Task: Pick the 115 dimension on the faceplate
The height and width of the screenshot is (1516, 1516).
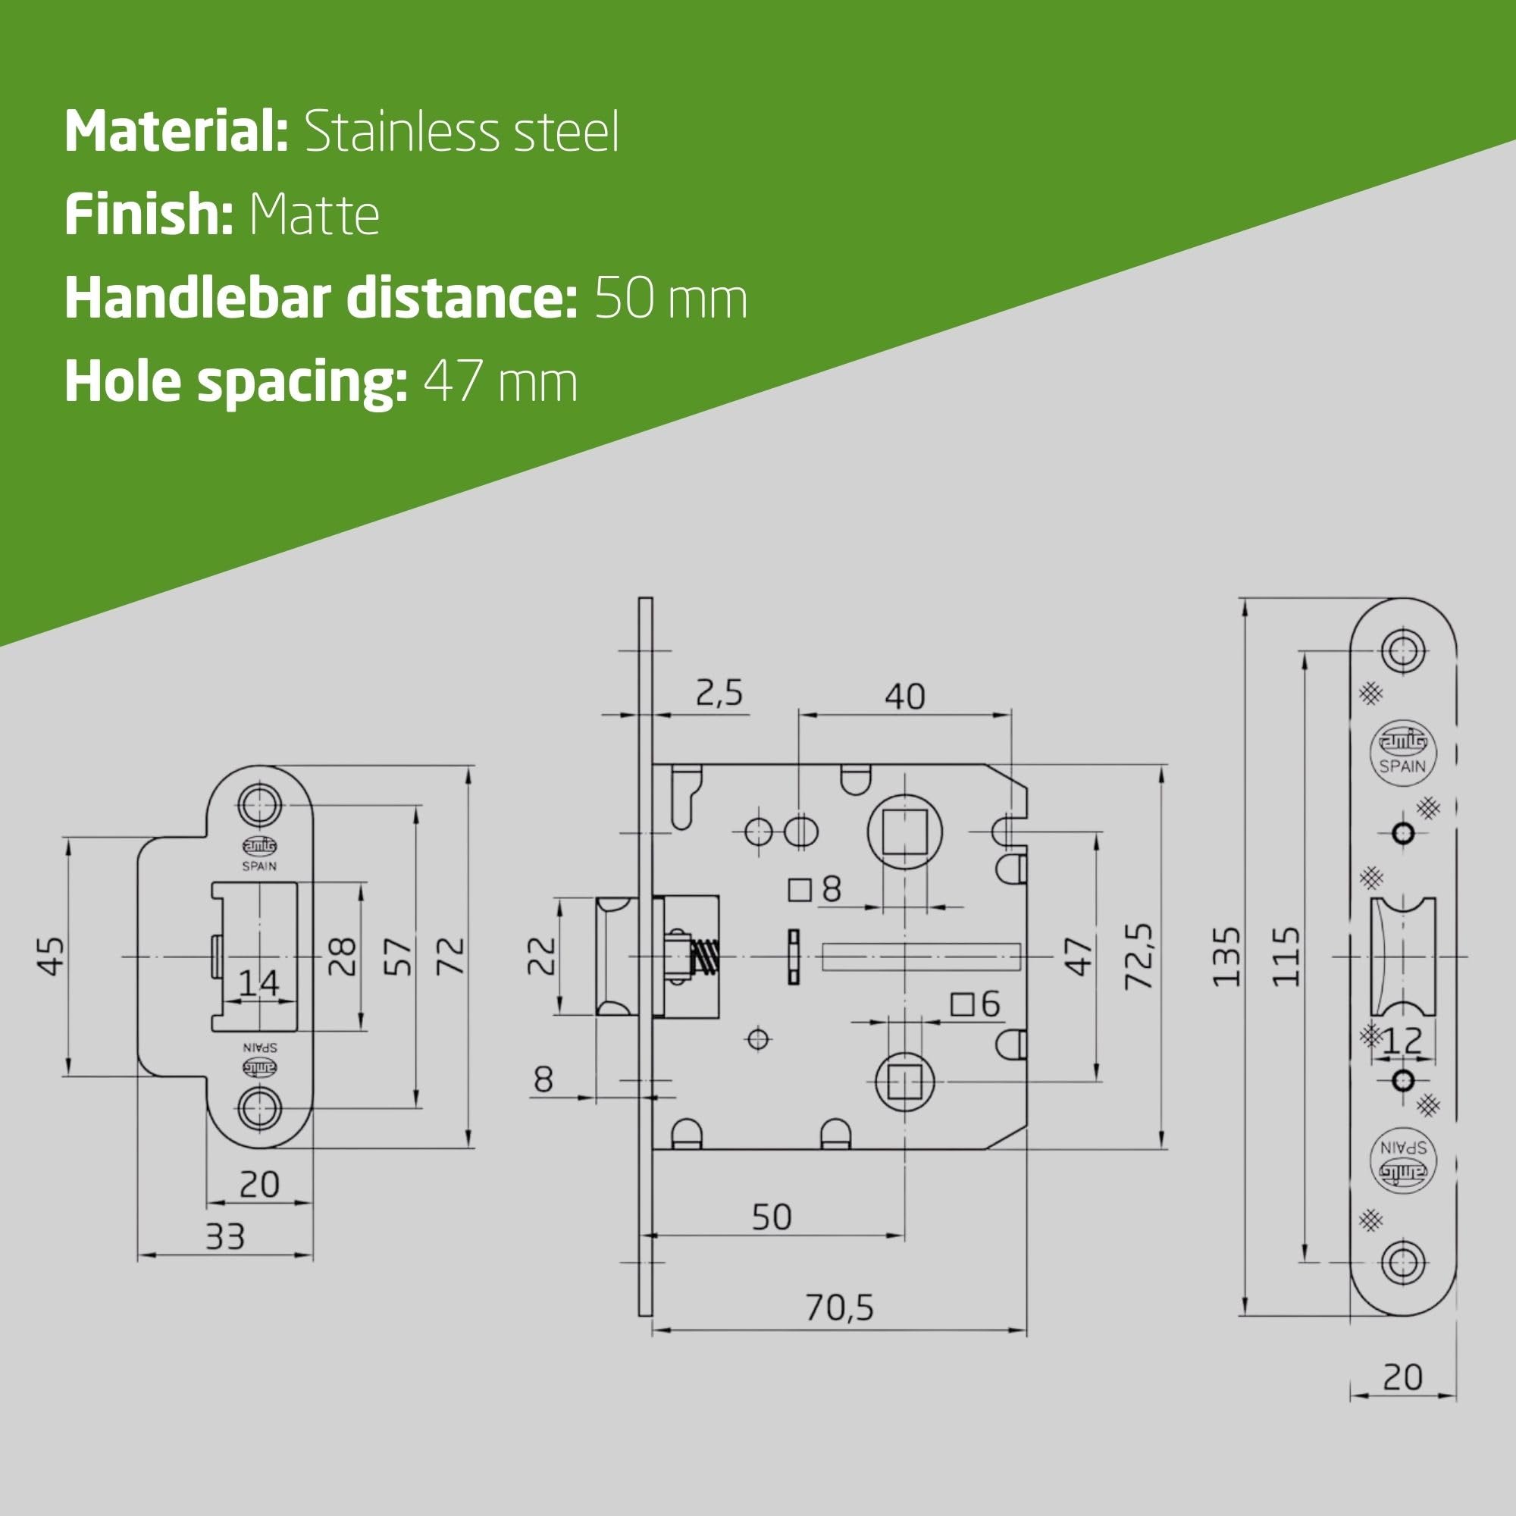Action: tap(1286, 957)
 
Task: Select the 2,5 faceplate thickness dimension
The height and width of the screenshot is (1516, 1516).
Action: tap(719, 694)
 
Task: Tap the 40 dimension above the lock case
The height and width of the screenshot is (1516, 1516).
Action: tap(905, 696)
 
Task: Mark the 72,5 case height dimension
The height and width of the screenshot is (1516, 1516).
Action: tap(1139, 957)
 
